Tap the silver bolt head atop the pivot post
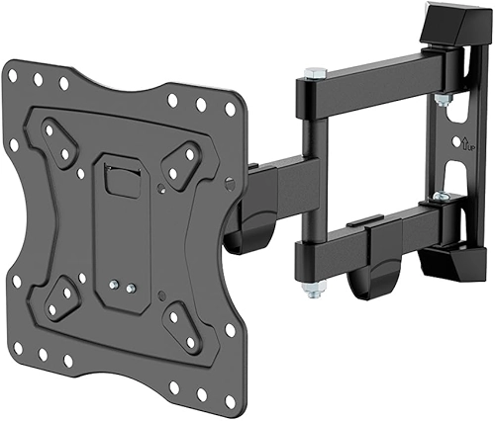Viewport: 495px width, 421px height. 314,73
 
